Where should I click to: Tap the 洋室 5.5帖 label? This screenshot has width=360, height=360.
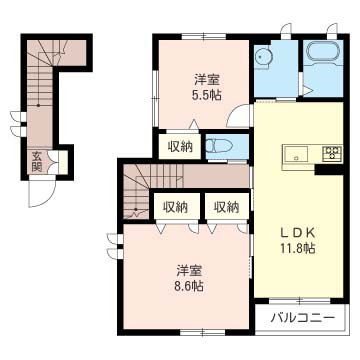[x=208, y=88]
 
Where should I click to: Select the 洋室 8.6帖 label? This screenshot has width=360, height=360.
[x=189, y=278]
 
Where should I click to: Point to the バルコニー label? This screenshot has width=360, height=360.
[x=302, y=317]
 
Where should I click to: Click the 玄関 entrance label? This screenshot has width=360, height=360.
[x=37, y=161]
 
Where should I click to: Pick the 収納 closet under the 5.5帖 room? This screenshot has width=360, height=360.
[x=180, y=146]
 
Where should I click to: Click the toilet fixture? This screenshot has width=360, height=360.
[x=219, y=146]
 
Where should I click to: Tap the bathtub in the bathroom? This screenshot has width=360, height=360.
[x=324, y=52]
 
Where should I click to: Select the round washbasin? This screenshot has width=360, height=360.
[x=264, y=57]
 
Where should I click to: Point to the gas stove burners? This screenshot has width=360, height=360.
[x=332, y=154]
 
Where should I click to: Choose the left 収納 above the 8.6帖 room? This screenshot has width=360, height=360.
[x=175, y=207]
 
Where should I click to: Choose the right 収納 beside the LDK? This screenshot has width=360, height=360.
[x=227, y=207]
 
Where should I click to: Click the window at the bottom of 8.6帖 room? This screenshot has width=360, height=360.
[x=203, y=332]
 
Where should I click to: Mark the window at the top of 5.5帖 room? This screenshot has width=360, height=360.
[x=204, y=36]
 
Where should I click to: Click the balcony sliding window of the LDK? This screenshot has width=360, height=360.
[x=300, y=301]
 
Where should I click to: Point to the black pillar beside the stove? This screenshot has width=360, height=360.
[x=329, y=170]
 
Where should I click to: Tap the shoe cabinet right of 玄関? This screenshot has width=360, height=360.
[x=63, y=162]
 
